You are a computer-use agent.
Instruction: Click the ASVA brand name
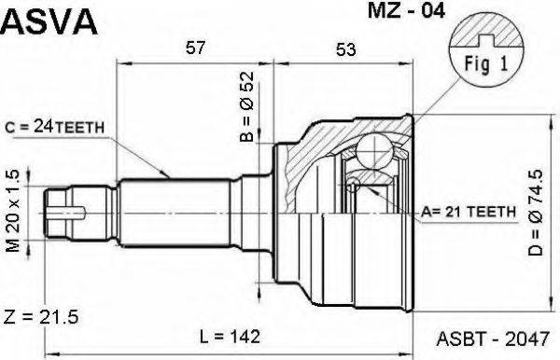coord(49,19)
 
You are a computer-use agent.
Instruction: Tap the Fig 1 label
coord(483,65)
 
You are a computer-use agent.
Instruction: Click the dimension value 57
coord(195,50)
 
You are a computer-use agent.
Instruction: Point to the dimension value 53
coord(346,50)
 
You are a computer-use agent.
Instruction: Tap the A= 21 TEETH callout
coord(469,213)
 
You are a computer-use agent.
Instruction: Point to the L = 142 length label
coord(230,335)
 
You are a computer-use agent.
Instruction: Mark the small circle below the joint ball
coord(354,186)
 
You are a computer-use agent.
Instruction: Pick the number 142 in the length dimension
coord(245,335)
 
